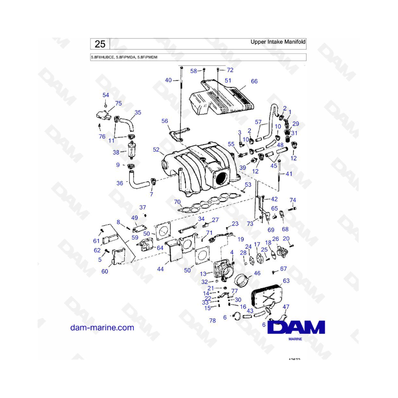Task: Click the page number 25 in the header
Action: pos(100,44)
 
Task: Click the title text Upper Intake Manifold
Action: pos(278,42)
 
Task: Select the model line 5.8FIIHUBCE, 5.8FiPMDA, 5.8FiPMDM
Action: pos(124,57)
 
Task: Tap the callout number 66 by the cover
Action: pos(254,81)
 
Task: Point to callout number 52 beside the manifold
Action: pos(156,150)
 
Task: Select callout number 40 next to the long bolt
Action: pos(168,80)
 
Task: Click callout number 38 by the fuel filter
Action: pos(116,152)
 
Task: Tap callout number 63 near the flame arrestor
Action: pos(286,281)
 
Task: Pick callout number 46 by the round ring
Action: pos(256,274)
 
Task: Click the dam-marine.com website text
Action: pos(102,328)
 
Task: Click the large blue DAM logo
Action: pos(300,328)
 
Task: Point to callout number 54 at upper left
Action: pos(106,95)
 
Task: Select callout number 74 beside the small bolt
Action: pos(293,200)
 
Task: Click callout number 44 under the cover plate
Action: pos(160,268)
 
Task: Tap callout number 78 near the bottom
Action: pos(212,321)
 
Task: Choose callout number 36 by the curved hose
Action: pos(119,183)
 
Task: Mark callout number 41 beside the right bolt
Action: pos(289,174)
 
